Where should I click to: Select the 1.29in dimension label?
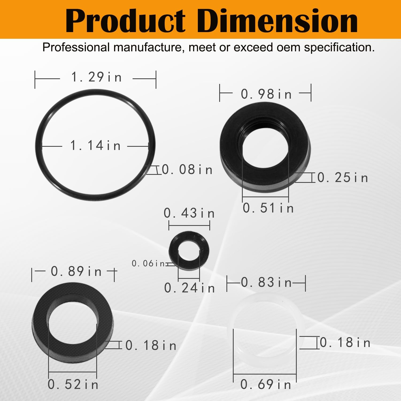point(97,77)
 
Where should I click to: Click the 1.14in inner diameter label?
point(95,146)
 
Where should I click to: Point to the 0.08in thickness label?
point(187,170)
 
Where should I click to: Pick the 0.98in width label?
point(266,94)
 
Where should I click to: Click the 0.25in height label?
point(343,178)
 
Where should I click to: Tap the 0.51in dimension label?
point(268,208)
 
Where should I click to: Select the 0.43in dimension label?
point(189,213)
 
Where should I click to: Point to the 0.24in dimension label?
point(190,288)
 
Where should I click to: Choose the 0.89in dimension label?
point(76,272)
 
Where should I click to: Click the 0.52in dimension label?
point(73,385)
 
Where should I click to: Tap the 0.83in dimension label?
point(266,283)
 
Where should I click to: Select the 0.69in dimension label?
point(266,385)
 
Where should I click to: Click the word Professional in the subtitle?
point(76,48)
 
